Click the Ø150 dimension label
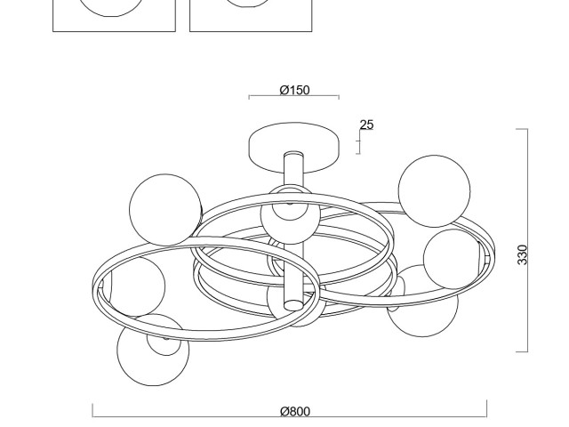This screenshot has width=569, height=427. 294,90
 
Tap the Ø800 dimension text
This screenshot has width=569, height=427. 295,411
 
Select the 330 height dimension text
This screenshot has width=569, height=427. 522,254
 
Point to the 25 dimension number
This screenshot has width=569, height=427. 366,125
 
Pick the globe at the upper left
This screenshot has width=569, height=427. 165,210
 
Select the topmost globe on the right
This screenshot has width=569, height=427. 434,191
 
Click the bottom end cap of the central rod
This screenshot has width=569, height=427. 293,305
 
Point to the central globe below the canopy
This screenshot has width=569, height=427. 291,215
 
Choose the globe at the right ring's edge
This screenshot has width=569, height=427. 453,259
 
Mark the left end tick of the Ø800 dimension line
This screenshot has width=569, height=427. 92,410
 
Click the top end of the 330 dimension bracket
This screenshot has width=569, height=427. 522,129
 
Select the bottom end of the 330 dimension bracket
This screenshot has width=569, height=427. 522,351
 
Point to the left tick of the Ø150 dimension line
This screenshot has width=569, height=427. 249,97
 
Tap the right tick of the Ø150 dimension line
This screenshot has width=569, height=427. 339,97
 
